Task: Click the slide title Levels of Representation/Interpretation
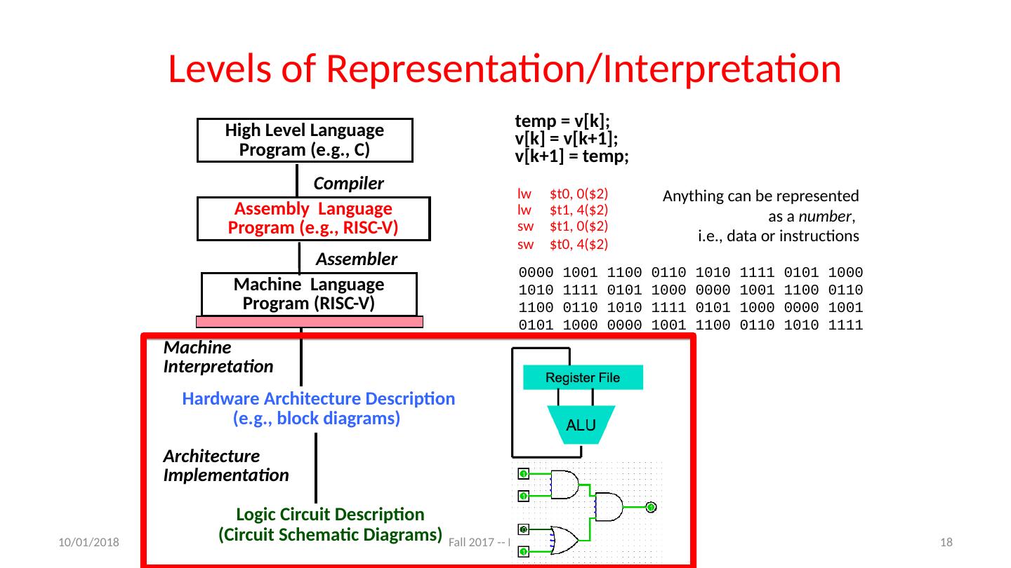point(504,69)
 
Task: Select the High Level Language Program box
point(304,140)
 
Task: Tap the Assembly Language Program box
point(312,219)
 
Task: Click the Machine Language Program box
point(309,294)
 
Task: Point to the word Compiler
point(348,184)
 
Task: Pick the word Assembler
point(357,259)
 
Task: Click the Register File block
point(583,378)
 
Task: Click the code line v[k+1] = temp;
point(571,156)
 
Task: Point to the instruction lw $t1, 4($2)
point(562,210)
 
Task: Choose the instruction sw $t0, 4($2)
point(562,245)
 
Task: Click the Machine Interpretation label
point(218,357)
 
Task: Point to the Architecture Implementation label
point(225,466)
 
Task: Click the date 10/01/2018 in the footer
point(88,542)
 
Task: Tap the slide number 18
point(946,542)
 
